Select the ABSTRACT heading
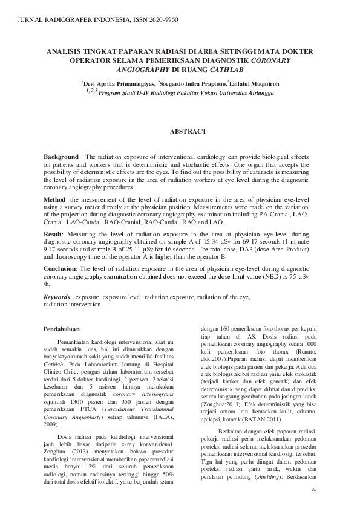point(188,131)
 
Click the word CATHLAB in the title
point(212,70)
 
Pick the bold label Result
point(54,233)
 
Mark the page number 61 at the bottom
point(313,490)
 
